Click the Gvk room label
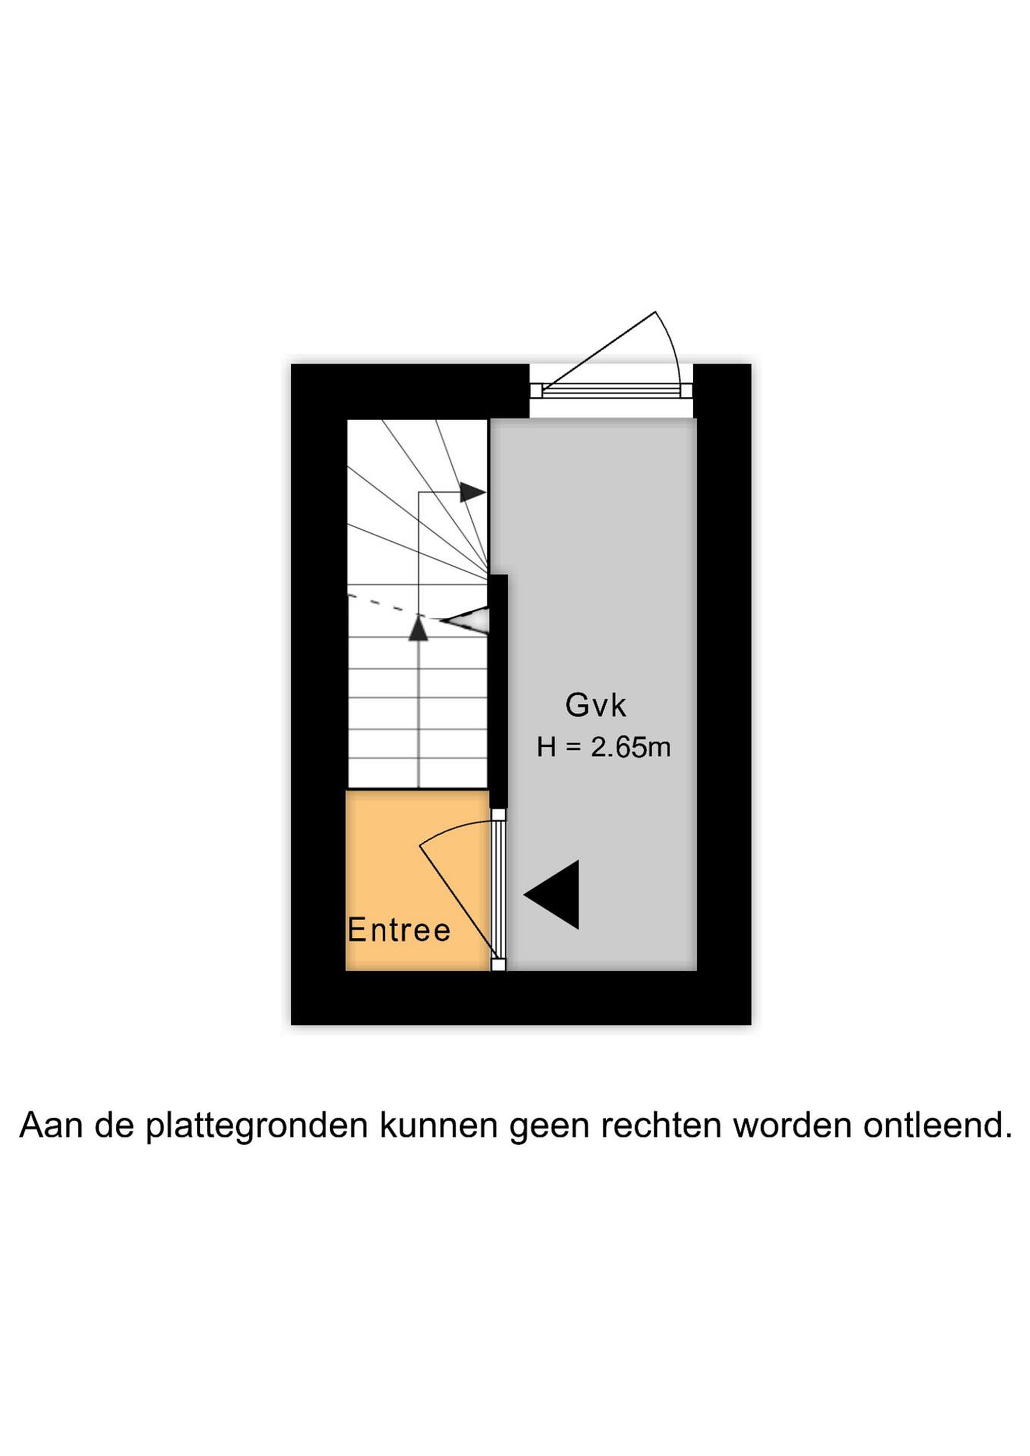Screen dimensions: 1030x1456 596,706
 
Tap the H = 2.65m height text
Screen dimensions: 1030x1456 603,748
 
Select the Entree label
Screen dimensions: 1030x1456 399,931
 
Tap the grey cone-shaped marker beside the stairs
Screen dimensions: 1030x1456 466,621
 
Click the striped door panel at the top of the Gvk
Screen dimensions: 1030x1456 611,390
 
